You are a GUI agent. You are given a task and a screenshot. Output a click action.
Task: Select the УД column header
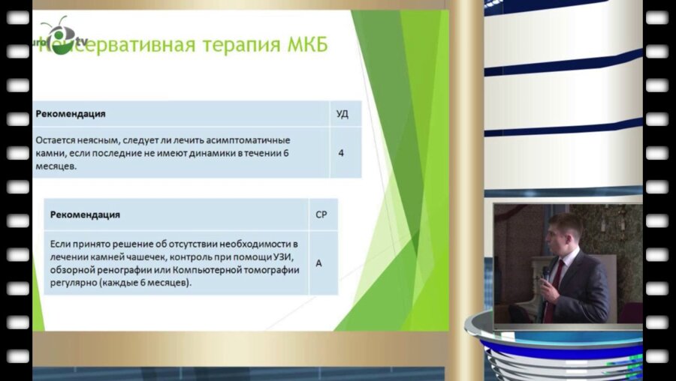[341, 114]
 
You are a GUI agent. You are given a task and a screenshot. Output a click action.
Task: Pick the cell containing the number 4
[341, 153]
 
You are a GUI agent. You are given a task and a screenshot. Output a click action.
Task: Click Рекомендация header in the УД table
[71, 114]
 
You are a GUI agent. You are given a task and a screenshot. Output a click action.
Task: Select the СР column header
[321, 214]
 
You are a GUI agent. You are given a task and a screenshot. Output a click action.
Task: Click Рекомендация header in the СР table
[85, 214]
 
